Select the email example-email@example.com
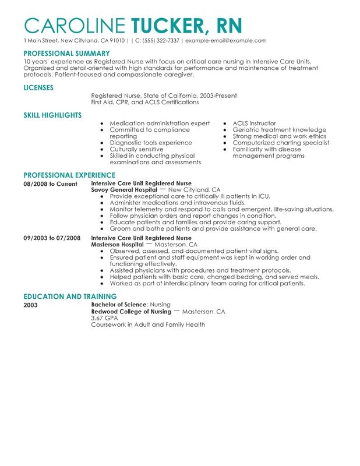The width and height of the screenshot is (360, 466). point(226,41)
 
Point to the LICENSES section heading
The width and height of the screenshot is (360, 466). point(38,87)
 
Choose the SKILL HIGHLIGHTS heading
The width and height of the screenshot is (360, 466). point(52,115)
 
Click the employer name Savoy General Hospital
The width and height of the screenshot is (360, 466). point(124,190)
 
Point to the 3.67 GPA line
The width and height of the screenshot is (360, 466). point(103,318)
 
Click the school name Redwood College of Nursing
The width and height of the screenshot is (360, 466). point(131,312)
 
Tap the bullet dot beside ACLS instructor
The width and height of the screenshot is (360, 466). point(225,123)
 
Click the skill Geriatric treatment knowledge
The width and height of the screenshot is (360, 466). point(279,130)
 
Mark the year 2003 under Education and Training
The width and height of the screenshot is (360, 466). point(30,305)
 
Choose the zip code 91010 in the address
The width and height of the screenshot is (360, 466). point(117,41)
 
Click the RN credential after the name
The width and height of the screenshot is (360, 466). point(226,25)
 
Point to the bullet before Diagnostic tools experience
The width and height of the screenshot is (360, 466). point(102,143)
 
